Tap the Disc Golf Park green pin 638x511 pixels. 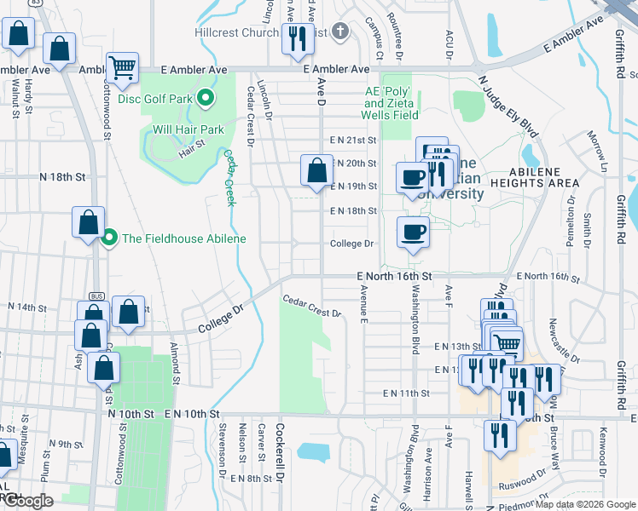206,99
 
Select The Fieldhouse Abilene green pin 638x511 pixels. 108,238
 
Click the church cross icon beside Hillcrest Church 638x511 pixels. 340,32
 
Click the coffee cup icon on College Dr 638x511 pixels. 413,232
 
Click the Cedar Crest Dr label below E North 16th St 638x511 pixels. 312,306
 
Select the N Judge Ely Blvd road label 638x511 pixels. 509,106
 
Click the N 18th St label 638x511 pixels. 63,177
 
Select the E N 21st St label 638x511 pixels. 353,140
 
